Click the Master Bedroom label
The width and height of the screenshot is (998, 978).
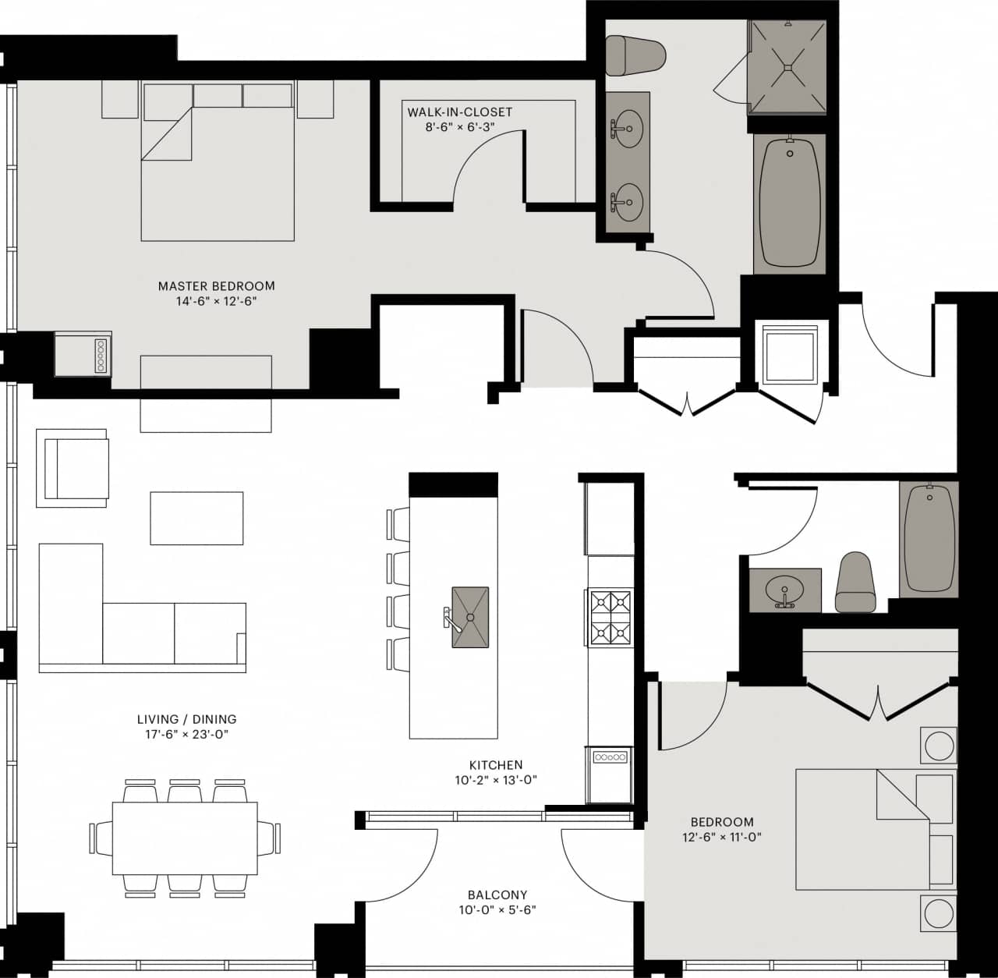(216, 286)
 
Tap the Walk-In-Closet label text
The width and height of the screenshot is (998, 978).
(459, 112)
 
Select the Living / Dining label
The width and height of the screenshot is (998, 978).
(186, 719)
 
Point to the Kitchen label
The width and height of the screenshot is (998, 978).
(496, 765)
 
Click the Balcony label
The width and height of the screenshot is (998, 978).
(497, 895)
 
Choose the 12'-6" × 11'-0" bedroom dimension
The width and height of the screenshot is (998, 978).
(722, 838)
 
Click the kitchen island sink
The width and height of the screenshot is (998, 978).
(470, 617)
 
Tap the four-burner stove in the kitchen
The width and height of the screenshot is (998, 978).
(610, 617)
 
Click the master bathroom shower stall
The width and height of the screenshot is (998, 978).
(787, 67)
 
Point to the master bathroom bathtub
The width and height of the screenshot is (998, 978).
(789, 203)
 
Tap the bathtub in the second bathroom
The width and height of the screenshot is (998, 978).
(928, 539)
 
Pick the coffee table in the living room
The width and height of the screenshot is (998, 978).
(196, 518)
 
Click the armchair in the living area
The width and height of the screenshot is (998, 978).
(74, 467)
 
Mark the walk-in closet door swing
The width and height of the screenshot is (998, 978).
(487, 168)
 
